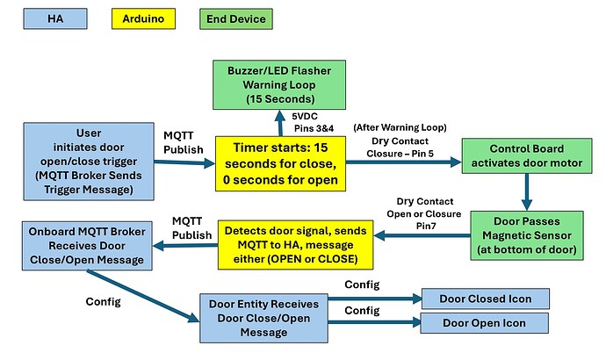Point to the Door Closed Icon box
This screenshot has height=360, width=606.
pos(485,299)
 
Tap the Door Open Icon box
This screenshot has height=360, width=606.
pos(485,324)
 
